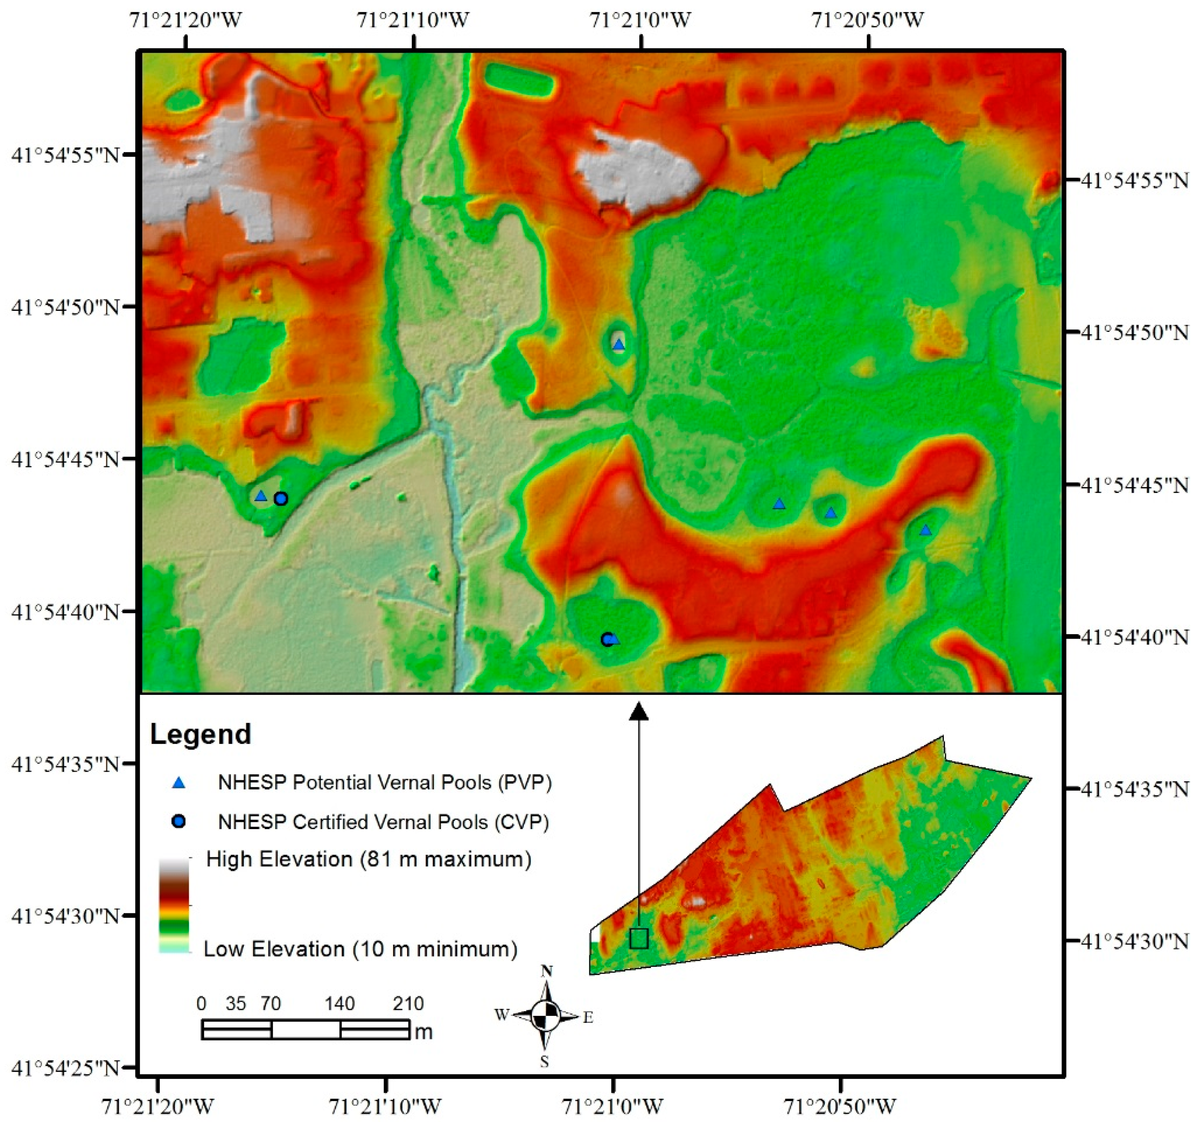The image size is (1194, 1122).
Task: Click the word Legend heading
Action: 200,734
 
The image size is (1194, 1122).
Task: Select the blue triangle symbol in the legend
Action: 178,782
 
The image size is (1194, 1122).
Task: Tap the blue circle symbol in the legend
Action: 178,822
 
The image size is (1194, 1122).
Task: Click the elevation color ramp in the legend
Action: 174,904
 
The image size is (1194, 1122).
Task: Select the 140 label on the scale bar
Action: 340,1003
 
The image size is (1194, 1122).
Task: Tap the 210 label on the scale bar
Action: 408,1003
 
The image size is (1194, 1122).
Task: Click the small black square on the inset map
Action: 639,938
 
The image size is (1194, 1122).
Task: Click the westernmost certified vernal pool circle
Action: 281,499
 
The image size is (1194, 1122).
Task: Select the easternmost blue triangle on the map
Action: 925,530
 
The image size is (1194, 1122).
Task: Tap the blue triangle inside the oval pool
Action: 619,345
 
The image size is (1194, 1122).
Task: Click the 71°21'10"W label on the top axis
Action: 413,21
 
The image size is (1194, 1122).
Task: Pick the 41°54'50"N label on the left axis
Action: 65,307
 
